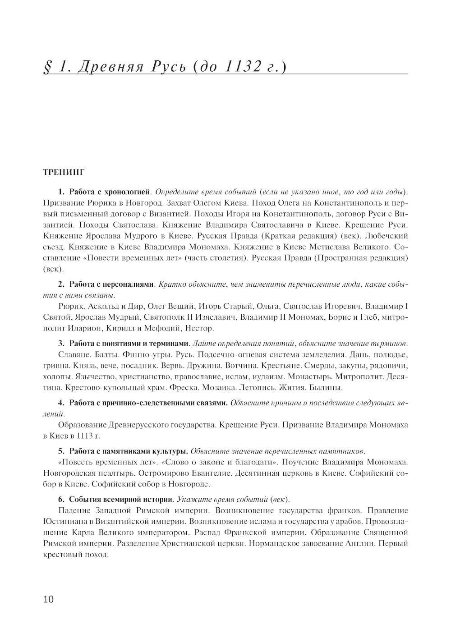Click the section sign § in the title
point(46,68)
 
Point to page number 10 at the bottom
point(48,599)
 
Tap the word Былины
point(328,387)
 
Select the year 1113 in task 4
point(86,436)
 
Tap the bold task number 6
point(60,500)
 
